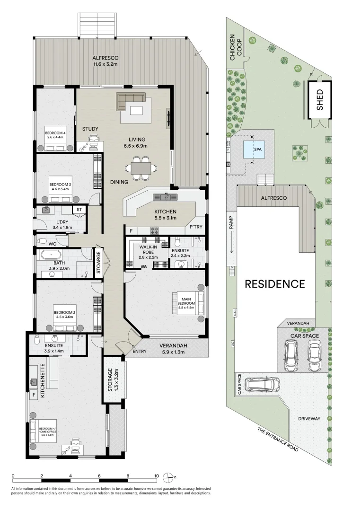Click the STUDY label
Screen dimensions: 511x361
click(90, 129)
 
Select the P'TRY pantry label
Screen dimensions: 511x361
click(195, 227)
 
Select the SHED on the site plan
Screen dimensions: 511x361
click(320, 100)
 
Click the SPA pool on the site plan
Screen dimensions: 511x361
click(253, 150)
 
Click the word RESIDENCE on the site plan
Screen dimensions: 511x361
click(274, 284)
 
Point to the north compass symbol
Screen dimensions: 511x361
click(168, 476)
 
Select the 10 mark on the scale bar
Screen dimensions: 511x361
click(156, 476)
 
